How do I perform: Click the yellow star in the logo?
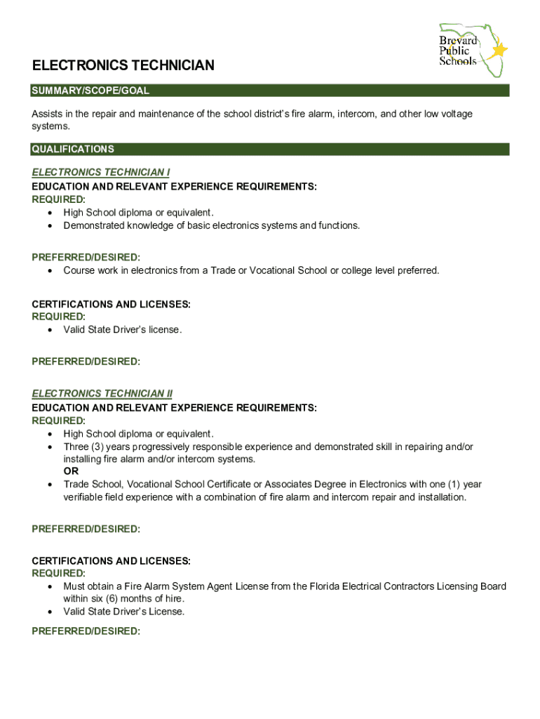[x=499, y=50]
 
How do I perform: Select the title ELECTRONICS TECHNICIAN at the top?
[x=123, y=66]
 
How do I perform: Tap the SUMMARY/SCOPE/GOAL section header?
[x=90, y=91]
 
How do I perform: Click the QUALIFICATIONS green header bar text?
[x=73, y=150]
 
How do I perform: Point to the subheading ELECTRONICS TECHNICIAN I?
[x=101, y=172]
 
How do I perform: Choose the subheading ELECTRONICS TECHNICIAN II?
[x=102, y=394]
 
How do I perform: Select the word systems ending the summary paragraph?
[x=50, y=126]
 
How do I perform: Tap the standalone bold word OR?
[x=71, y=472]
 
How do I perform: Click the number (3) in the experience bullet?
[x=100, y=447]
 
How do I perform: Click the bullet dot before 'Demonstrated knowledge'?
[x=50, y=226]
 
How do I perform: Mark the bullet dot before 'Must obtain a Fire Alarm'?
[x=50, y=586]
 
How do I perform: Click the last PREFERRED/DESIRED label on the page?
[x=86, y=631]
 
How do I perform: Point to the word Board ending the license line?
[x=492, y=586]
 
